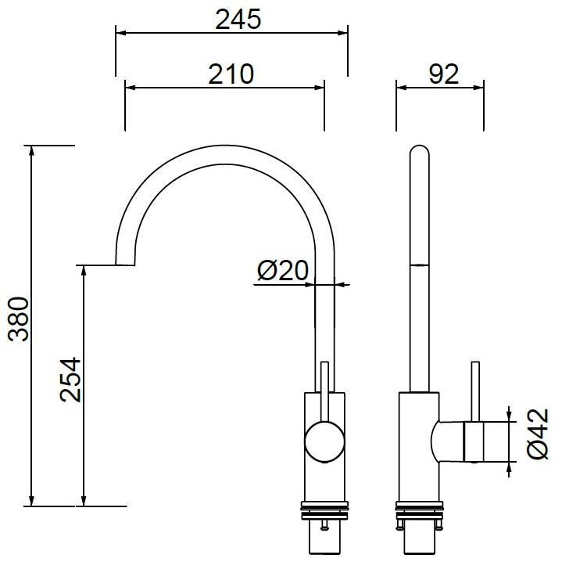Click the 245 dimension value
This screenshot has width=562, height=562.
[x=238, y=20]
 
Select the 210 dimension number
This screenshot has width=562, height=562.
[x=231, y=74]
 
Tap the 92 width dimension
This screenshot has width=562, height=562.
[x=442, y=74]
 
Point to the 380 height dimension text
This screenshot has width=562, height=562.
[x=18, y=319]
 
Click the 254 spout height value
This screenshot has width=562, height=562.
[x=70, y=380]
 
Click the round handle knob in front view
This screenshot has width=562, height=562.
[x=324, y=441]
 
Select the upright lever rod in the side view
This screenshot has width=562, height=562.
[x=474, y=391]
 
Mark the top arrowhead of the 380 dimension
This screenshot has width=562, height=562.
[x=32, y=151]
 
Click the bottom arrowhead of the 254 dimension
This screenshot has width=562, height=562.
[x=84, y=501]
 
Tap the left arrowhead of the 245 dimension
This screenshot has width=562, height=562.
[x=120, y=33]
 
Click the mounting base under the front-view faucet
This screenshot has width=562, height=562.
[x=324, y=521]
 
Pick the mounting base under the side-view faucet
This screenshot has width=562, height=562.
[x=419, y=521]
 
